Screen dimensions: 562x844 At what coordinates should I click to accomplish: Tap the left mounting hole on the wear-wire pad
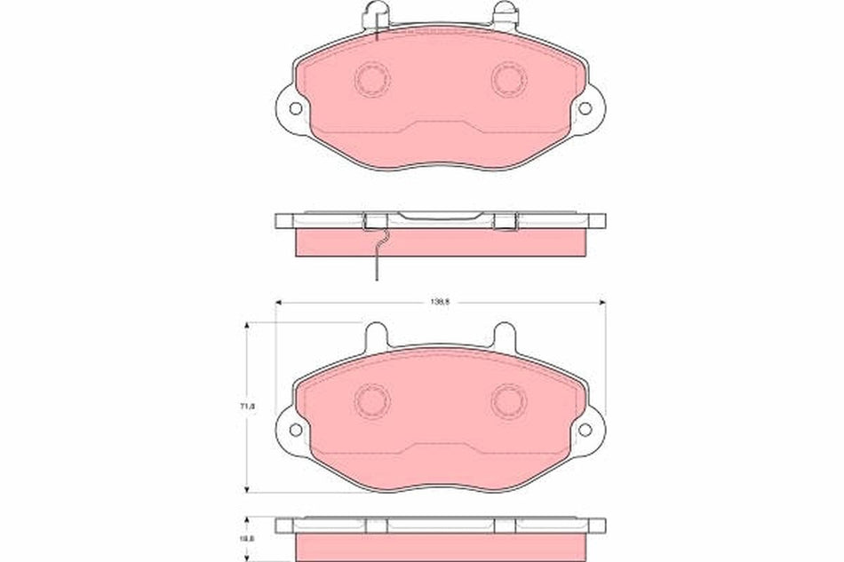tap(295, 108)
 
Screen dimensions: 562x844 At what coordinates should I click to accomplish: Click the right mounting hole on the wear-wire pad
tap(585, 108)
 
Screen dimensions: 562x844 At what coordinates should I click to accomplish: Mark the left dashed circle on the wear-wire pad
tap(372, 79)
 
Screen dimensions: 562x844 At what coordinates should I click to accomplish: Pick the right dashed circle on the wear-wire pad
tap(509, 79)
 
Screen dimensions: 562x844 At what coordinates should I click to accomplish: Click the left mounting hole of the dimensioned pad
tap(295, 430)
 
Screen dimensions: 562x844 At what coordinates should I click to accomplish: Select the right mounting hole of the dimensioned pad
tap(585, 430)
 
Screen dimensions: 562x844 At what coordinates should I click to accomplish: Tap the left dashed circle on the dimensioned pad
tap(372, 400)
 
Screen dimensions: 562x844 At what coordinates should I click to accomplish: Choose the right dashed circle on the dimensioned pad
tap(509, 400)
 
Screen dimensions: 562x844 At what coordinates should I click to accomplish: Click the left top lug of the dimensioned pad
tap(376, 335)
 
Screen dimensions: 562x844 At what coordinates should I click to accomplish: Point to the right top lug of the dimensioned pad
tap(506, 335)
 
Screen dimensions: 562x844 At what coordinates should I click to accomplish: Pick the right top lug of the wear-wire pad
tap(506, 13)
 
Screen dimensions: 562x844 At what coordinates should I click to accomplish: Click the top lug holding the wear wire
tap(376, 13)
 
